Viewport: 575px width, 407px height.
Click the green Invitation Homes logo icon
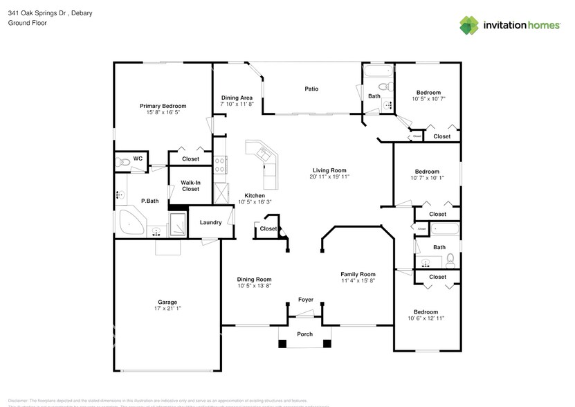coord(470,25)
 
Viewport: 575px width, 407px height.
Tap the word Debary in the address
coord(80,13)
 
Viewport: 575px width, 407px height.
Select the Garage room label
coord(167,302)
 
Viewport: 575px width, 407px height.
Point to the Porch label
coord(304,334)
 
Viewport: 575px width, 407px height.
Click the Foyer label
coord(305,300)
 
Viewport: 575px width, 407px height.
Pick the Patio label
coord(312,89)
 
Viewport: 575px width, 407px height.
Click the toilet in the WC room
coord(123,162)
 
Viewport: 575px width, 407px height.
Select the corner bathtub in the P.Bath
coord(130,223)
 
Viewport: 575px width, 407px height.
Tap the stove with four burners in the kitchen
coord(221,165)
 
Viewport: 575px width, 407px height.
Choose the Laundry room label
coord(210,222)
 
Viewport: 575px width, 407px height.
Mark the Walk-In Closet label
coord(190,186)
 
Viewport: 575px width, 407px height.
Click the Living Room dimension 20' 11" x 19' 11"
coord(329,177)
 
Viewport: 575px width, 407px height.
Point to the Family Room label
coord(358,274)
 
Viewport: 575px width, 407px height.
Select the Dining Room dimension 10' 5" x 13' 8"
coord(254,286)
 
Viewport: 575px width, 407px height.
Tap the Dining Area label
coord(237,98)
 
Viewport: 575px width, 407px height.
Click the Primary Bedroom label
coord(163,106)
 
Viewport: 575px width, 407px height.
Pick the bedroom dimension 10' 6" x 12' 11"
coord(426,318)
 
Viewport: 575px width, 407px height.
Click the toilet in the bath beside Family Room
coord(450,260)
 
